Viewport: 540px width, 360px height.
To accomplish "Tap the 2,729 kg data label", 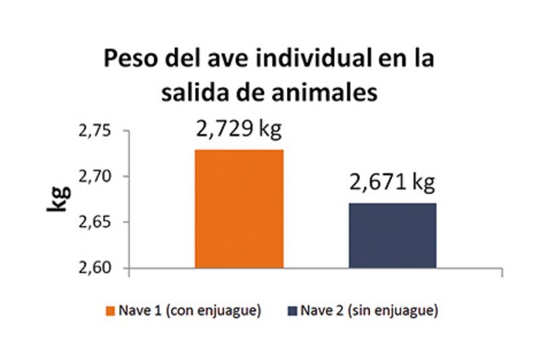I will pos(239,128).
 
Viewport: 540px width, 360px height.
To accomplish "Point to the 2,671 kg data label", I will pos(392,182).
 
